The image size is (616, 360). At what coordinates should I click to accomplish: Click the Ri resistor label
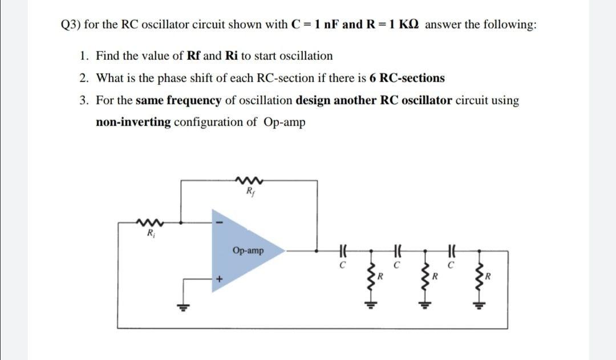click(x=150, y=233)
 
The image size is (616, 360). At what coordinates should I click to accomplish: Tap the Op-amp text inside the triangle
click(x=248, y=250)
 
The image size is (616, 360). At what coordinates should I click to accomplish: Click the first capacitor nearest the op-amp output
click(x=343, y=250)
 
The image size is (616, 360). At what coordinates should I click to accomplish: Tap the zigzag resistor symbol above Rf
click(x=248, y=182)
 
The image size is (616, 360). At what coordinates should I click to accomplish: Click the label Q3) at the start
click(x=71, y=25)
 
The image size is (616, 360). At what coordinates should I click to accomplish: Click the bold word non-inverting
click(x=133, y=122)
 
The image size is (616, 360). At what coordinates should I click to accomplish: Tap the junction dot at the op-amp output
click(x=317, y=250)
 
